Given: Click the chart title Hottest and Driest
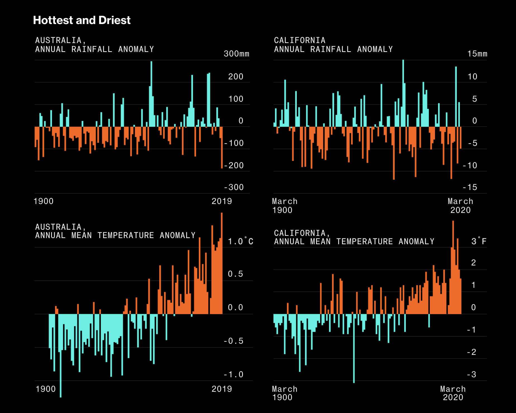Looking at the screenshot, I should [x=82, y=20].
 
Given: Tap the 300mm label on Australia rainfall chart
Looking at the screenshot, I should [x=236, y=54].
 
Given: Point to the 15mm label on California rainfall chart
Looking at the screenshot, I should [x=477, y=54].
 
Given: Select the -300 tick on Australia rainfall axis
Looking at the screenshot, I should [x=234, y=187].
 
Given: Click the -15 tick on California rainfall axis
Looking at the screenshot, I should [x=470, y=187].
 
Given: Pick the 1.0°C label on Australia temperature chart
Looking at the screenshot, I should [x=240, y=241].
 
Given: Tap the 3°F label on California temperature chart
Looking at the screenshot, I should [x=479, y=241].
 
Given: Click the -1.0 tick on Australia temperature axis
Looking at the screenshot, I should [x=234, y=374].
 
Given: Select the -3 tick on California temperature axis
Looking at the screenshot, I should [x=472, y=374].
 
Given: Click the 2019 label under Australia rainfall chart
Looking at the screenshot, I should [x=222, y=201].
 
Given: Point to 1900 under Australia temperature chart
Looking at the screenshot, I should [x=46, y=389].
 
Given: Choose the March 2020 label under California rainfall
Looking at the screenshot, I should [x=460, y=206].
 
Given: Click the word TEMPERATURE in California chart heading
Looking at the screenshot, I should [x=364, y=241].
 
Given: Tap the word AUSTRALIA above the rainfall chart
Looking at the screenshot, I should [x=58, y=40].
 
